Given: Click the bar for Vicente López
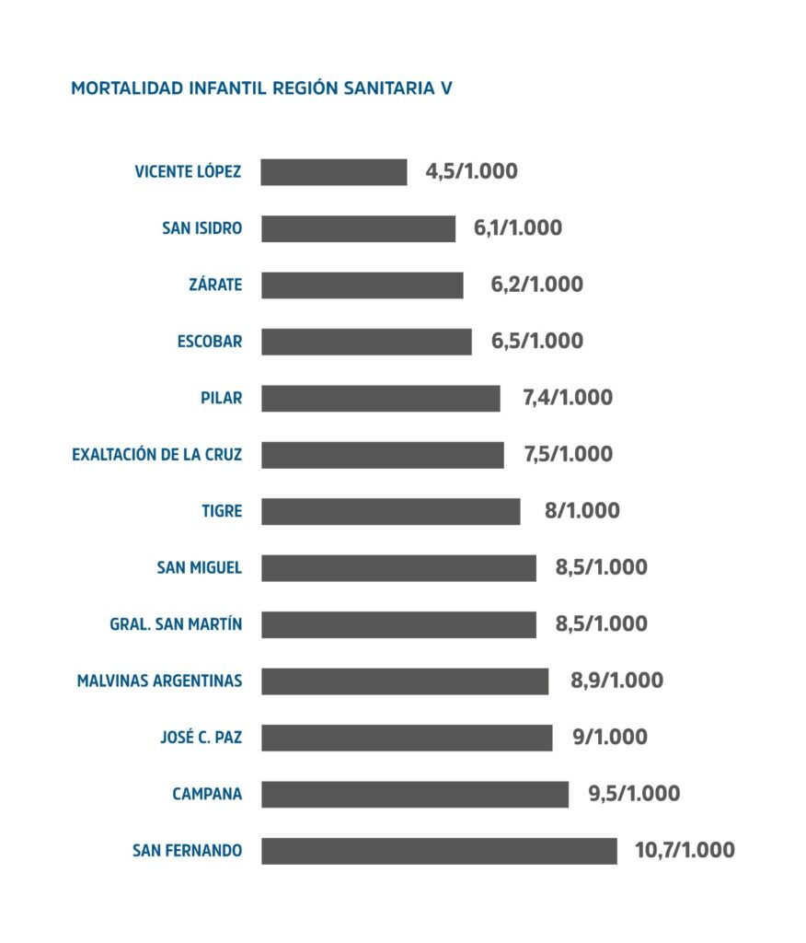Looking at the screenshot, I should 334,172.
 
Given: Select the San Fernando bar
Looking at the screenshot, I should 439,851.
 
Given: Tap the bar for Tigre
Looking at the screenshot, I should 390,511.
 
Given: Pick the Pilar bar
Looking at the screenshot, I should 380,399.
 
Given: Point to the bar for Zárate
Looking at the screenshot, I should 362,285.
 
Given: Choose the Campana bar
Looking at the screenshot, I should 414,794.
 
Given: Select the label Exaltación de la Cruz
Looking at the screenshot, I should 157,455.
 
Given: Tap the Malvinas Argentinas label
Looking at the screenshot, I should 160,681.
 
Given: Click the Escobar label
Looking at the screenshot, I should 210,342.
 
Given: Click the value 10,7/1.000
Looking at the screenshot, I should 685,850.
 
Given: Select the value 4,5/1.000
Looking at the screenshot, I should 471,171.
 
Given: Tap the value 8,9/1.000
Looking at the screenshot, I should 616,681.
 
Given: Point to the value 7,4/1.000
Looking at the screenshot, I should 567,398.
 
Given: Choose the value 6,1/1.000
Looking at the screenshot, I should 517,228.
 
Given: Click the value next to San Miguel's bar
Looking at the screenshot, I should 601,567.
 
